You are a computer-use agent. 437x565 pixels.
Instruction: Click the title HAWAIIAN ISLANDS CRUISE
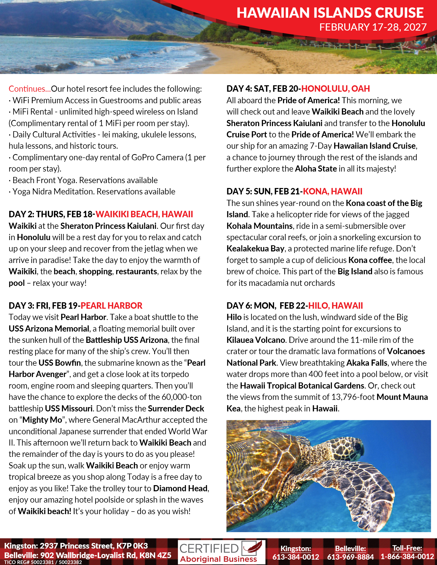click(x=330, y=13)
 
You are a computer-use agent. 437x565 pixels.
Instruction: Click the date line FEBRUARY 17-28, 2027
click(x=373, y=27)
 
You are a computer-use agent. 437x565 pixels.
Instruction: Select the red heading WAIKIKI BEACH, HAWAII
click(x=144, y=214)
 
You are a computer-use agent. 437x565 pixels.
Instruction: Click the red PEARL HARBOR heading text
click(x=111, y=306)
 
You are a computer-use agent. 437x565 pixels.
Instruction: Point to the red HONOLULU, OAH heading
click(x=335, y=89)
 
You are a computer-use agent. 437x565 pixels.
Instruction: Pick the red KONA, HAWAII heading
click(x=333, y=191)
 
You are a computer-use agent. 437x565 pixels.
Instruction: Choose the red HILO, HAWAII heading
click(x=335, y=306)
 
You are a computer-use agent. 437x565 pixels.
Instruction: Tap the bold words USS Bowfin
click(x=60, y=363)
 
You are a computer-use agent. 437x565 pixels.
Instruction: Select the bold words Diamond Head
click(x=180, y=488)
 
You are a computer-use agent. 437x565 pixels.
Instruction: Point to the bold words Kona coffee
click(x=370, y=260)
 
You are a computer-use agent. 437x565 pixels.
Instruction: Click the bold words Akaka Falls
click(x=367, y=363)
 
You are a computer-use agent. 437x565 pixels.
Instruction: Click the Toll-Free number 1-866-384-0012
click(x=407, y=557)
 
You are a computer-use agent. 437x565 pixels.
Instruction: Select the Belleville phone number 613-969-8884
click(x=351, y=557)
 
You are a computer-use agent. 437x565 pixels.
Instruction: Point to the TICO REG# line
click(x=43, y=562)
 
